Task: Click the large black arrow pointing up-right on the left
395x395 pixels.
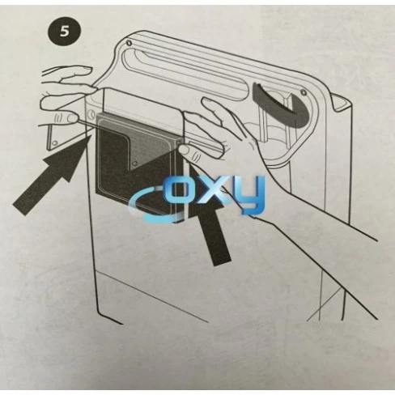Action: pos(50,179)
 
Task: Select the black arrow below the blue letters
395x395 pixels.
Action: pos(211,236)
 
